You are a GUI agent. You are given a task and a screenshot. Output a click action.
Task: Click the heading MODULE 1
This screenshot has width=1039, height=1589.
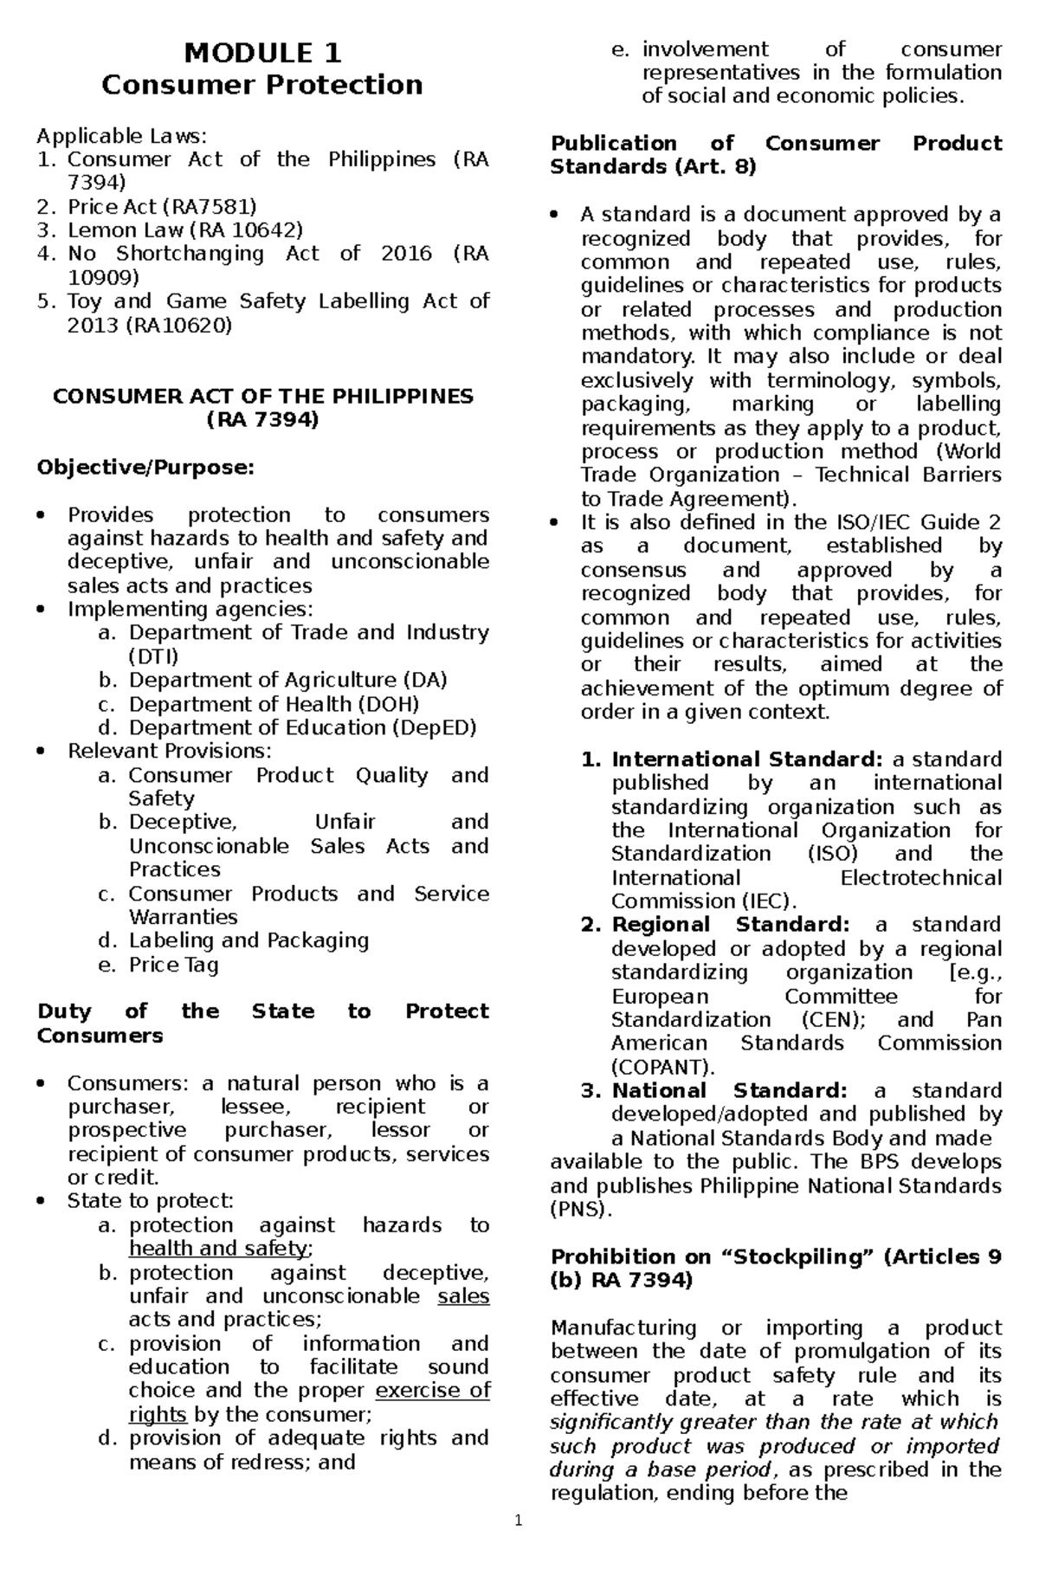coord(262,54)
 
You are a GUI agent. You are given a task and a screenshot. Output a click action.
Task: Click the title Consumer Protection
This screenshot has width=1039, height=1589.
coord(262,85)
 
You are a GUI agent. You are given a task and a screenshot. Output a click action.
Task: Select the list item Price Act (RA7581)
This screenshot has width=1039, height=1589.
coord(162,206)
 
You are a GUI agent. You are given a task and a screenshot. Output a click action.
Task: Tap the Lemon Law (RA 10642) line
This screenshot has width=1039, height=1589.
coord(185,229)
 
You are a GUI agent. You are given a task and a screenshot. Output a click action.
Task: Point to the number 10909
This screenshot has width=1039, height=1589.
coord(103,277)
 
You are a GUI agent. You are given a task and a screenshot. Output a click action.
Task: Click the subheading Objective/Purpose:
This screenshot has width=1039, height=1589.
coord(145,468)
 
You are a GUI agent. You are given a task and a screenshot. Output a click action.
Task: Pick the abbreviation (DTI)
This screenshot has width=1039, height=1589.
coord(153,656)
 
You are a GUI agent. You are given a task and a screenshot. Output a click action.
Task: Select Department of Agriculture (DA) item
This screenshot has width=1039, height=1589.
coord(287,680)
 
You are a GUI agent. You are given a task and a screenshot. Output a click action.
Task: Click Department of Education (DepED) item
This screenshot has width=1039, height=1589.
coord(302,727)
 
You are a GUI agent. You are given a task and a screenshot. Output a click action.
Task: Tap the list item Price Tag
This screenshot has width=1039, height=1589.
coord(173,965)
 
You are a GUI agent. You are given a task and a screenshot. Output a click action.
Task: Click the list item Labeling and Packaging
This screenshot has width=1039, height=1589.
coord(248,940)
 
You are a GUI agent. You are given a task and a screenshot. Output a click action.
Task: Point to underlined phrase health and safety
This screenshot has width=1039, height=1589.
coord(218,1249)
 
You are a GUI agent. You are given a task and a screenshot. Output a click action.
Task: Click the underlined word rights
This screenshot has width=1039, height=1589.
coord(158,1414)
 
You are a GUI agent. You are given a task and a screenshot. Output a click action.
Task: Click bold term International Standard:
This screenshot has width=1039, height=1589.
coord(746,759)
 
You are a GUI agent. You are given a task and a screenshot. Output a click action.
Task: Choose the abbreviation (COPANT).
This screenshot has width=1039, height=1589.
coord(662,1067)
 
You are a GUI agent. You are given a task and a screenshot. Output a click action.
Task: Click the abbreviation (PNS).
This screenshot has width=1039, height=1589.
coord(580,1210)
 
